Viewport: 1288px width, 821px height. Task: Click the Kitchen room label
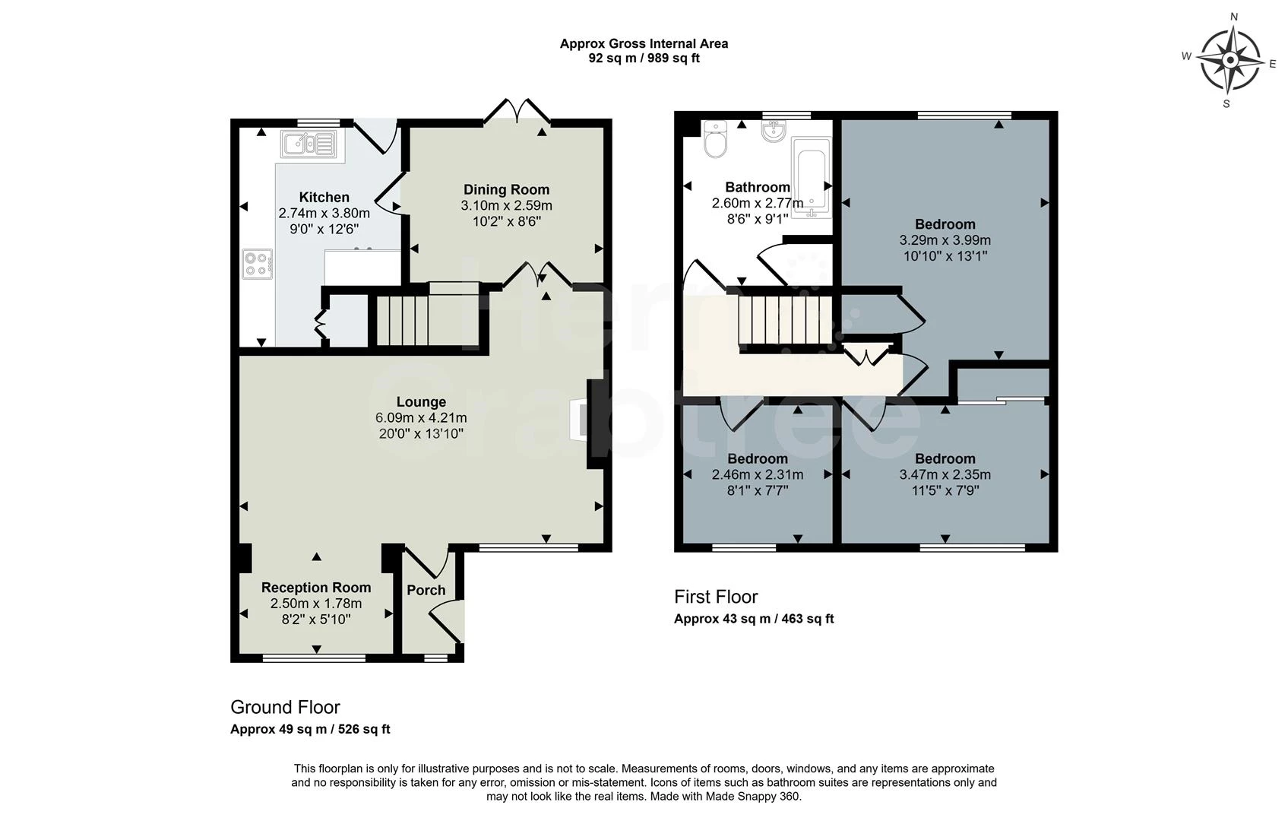(324, 198)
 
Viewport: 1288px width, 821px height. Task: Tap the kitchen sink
(309, 144)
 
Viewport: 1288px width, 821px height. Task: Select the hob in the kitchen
(257, 264)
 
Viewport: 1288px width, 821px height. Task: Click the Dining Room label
(506, 189)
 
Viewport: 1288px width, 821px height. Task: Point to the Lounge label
(421, 401)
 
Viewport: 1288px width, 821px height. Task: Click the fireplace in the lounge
(579, 420)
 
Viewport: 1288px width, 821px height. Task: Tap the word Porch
(426, 591)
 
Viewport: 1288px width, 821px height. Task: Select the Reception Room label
(316, 588)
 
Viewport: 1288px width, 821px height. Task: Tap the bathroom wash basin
(774, 132)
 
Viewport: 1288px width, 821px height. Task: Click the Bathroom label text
(758, 187)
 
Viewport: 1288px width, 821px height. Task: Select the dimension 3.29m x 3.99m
(945, 240)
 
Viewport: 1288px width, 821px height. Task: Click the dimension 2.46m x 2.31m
(758, 474)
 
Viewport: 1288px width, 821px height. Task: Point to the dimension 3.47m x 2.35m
(945, 474)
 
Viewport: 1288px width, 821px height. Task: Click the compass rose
(1230, 60)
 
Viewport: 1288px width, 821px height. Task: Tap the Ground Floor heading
(285, 707)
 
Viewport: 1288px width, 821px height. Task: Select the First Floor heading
(716, 597)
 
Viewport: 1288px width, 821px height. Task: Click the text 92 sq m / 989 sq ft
(644, 58)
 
